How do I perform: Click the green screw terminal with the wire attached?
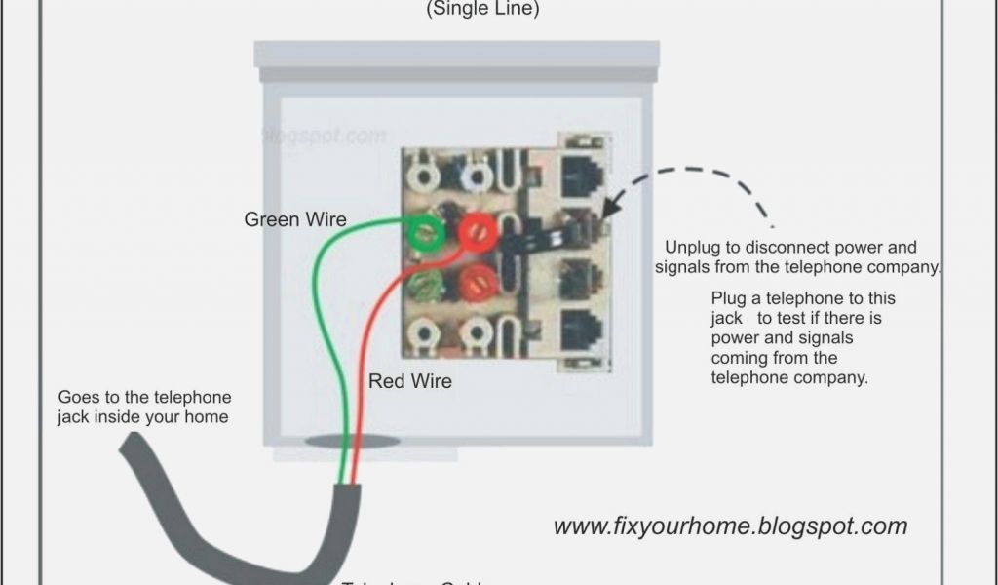point(426,232)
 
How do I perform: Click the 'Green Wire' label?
point(294,219)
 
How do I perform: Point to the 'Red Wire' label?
point(409,381)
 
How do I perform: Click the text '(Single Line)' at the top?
point(482,9)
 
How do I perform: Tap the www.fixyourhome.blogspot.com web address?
point(730,526)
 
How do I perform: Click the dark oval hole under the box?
point(352,441)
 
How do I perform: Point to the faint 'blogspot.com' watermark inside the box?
point(326,136)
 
